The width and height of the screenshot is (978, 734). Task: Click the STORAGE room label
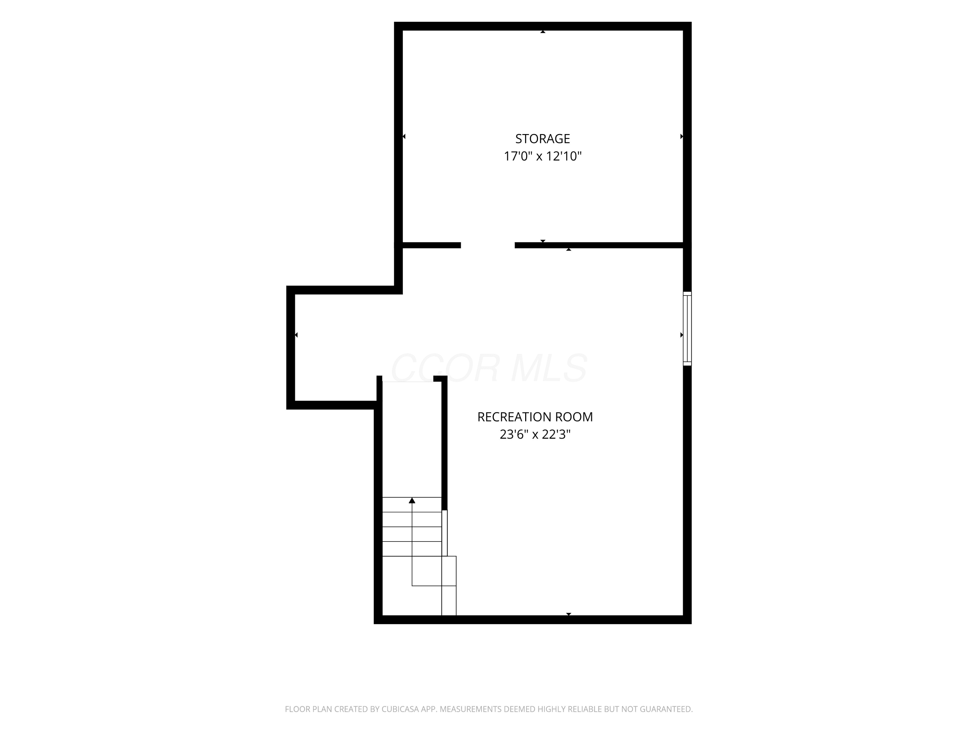[542, 139]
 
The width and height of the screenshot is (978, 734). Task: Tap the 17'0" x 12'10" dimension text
[542, 156]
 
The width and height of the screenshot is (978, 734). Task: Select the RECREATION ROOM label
[535, 417]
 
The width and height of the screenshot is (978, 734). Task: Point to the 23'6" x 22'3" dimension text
[535, 435]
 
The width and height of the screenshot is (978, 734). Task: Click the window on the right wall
[687, 329]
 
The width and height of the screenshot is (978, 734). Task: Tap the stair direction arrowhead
[412, 500]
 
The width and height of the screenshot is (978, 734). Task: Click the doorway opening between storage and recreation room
[488, 245]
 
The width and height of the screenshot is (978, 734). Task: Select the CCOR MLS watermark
[489, 368]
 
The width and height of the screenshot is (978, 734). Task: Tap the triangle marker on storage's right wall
[681, 136]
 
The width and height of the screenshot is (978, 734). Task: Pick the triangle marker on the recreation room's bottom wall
[569, 614]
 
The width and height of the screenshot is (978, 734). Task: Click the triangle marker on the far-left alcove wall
[296, 335]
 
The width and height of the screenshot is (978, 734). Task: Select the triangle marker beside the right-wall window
[681, 335]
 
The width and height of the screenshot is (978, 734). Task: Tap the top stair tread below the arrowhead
[412, 505]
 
